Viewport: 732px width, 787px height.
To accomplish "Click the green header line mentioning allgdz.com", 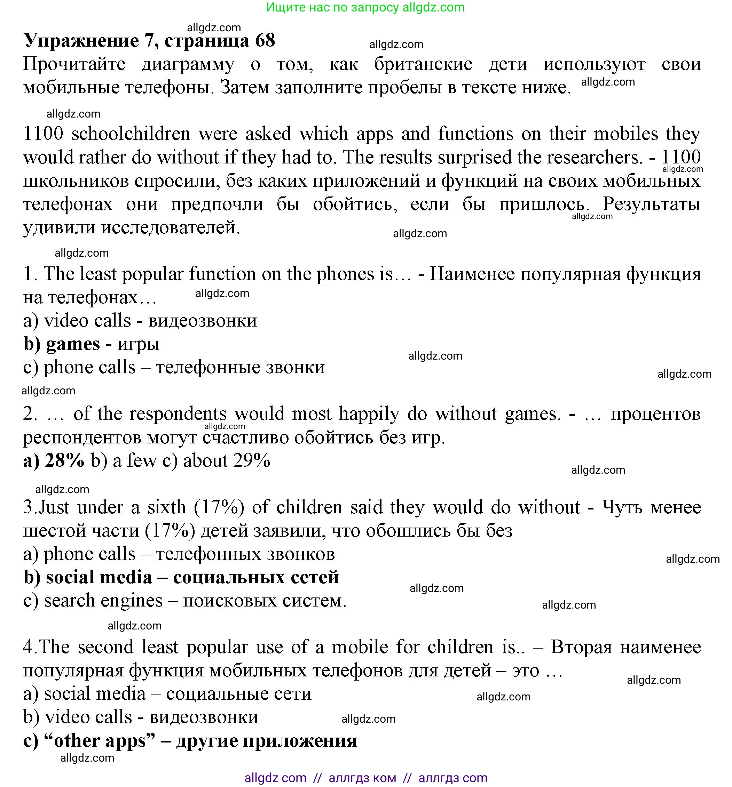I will click(x=365, y=8).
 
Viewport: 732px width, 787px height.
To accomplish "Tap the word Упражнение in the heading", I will click(x=81, y=41).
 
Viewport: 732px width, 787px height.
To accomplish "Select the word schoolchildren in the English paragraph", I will click(x=131, y=134).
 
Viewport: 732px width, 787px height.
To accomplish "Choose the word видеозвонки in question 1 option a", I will click(x=203, y=321).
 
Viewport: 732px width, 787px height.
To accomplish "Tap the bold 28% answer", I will click(x=64, y=460).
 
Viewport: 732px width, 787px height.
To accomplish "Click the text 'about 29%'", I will click(x=227, y=460).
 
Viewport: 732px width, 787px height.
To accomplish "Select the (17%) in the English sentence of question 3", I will click(x=219, y=507).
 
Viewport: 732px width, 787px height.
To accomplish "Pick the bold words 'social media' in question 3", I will click(x=99, y=577).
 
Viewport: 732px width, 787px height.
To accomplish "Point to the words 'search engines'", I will click(x=103, y=601).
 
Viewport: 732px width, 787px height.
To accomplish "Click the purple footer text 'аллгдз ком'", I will click(x=362, y=778).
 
